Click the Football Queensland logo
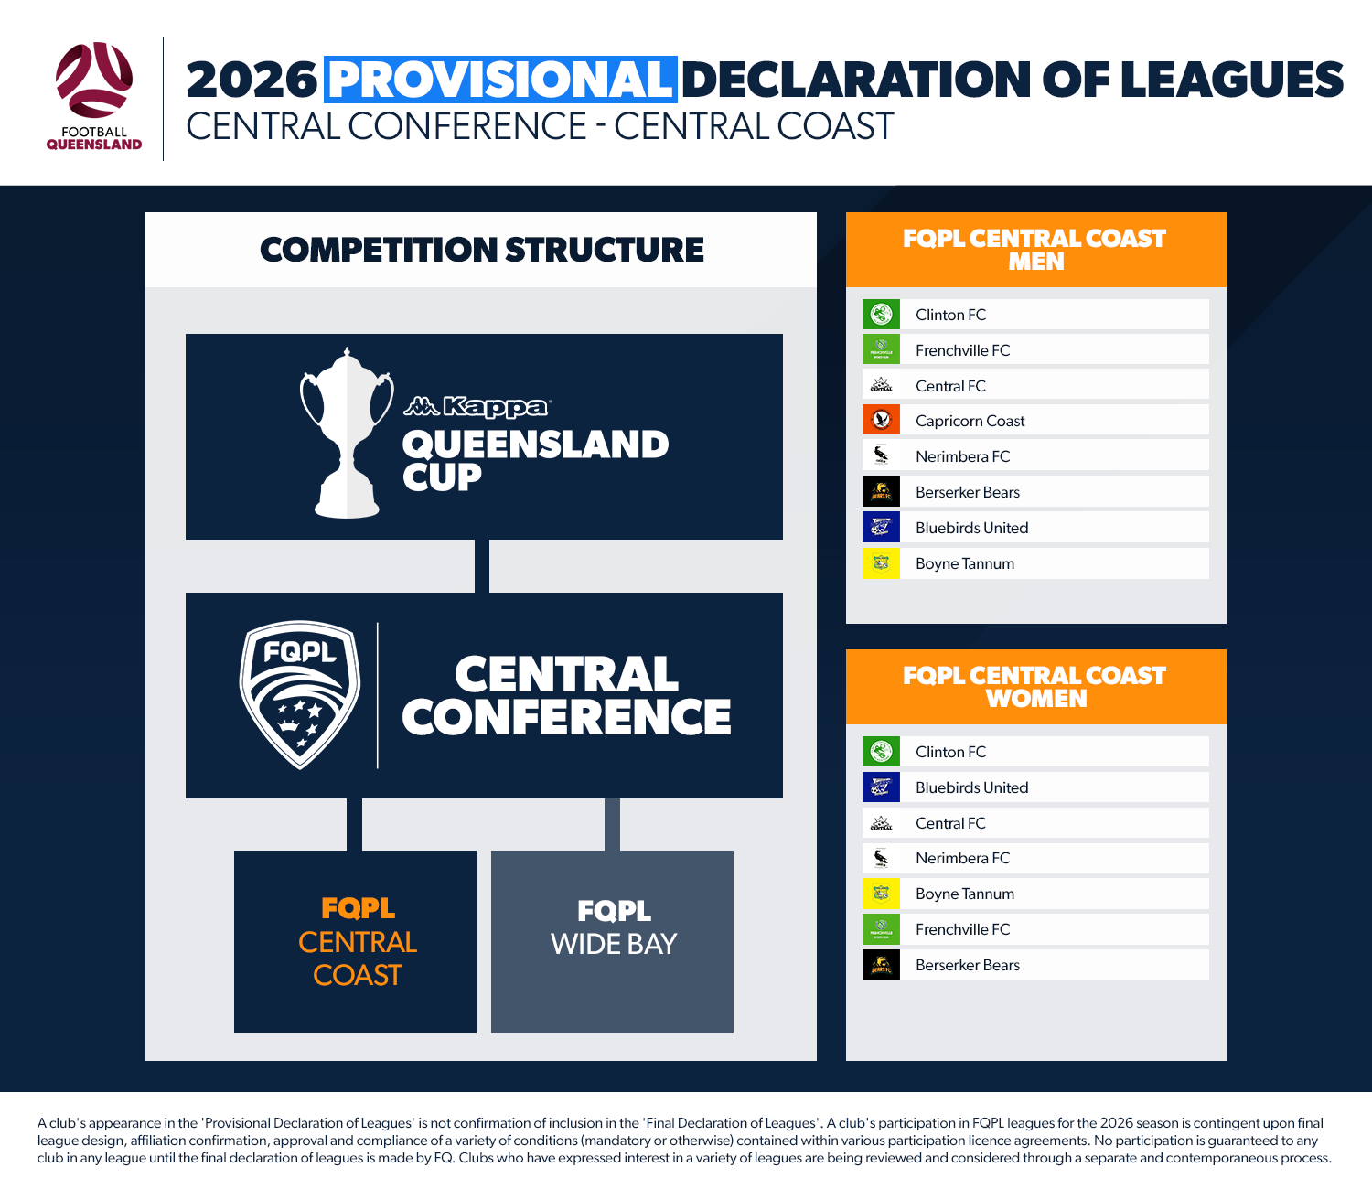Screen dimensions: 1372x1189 pos(94,96)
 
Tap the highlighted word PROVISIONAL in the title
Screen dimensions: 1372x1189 pos(500,80)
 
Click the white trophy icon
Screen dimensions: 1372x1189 pos(347,433)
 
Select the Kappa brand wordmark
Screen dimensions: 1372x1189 pos(477,406)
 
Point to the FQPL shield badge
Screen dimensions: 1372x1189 pos(300,694)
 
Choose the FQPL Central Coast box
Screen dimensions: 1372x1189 pos(355,941)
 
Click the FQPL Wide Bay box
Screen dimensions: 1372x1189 pos(612,941)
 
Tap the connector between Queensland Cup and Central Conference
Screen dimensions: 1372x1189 pos(482,566)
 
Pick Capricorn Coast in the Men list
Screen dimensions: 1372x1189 pos(970,421)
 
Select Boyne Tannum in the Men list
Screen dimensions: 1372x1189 pos(964,563)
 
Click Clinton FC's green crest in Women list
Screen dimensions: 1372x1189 pos(881,752)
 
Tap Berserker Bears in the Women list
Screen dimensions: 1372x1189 pos(967,965)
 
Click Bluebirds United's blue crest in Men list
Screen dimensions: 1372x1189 pos(881,527)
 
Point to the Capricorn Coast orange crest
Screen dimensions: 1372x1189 pos(881,420)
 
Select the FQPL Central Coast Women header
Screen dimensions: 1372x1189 pos(1035,687)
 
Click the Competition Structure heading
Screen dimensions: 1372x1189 pos(482,250)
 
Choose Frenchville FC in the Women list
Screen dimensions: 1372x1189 pos(962,928)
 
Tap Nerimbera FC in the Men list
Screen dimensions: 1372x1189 pos(962,456)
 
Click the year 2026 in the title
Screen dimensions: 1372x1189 pos(252,80)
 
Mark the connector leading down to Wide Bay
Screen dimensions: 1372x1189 pos(612,825)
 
